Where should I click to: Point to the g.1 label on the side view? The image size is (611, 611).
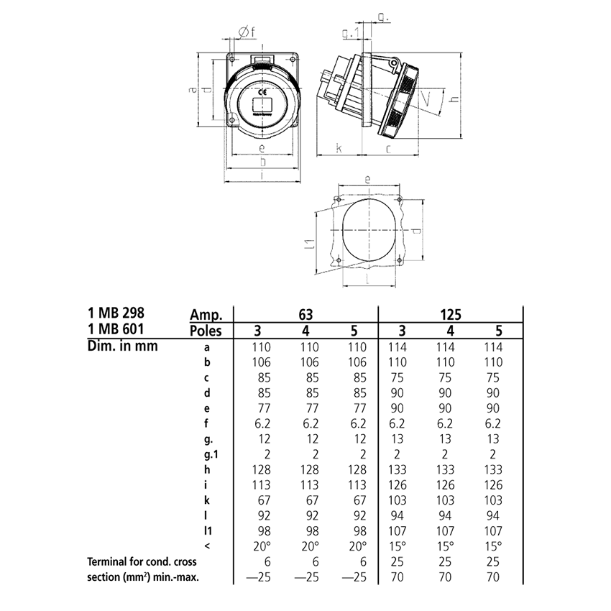tap(351, 32)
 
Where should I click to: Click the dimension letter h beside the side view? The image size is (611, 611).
tap(452, 100)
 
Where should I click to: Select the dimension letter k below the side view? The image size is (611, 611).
tap(338, 149)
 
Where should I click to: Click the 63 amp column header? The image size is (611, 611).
tap(306, 314)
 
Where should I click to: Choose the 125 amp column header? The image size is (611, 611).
tap(450, 314)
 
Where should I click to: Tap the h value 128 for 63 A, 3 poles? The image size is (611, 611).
tap(259, 469)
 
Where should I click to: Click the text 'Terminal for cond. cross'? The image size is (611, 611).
tap(143, 561)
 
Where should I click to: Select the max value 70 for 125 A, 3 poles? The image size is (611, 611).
tap(400, 576)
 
